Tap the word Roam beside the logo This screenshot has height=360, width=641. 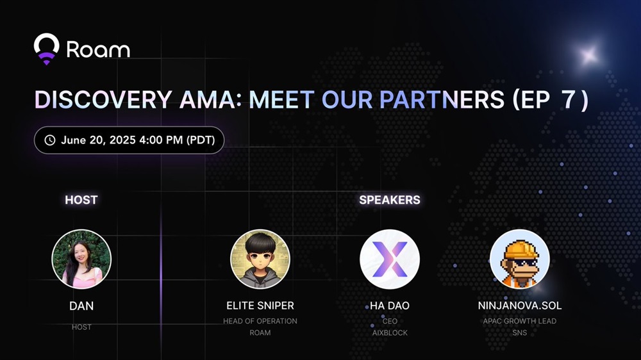98,49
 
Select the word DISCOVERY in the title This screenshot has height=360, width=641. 103,99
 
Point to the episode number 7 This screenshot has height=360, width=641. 569,99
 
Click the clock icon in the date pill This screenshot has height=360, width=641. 50,140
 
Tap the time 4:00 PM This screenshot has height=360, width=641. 161,140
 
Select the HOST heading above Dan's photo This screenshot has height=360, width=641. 81,200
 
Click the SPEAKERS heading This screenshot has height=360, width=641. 390,200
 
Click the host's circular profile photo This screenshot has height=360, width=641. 81,259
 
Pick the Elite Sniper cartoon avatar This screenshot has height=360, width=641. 260,259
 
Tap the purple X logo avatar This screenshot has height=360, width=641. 390,259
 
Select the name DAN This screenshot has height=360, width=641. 81,306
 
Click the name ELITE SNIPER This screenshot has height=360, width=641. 260,306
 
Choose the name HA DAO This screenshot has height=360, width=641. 390,306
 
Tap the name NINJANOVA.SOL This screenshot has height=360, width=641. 520,306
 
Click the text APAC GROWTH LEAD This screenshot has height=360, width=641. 520,321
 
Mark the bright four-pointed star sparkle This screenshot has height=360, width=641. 589,54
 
